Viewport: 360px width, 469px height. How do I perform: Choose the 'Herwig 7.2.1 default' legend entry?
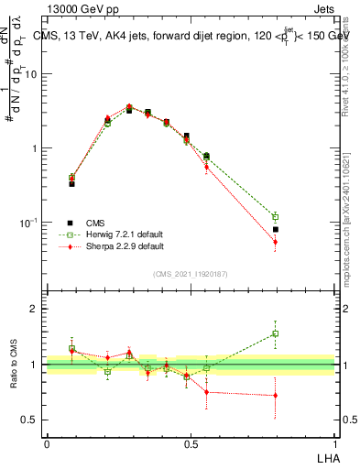click(111, 234)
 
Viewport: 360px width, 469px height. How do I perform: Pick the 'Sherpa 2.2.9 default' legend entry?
click(111, 246)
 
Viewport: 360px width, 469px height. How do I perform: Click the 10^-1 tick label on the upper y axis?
click(28, 222)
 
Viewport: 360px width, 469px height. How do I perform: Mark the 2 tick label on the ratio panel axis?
click(34, 310)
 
